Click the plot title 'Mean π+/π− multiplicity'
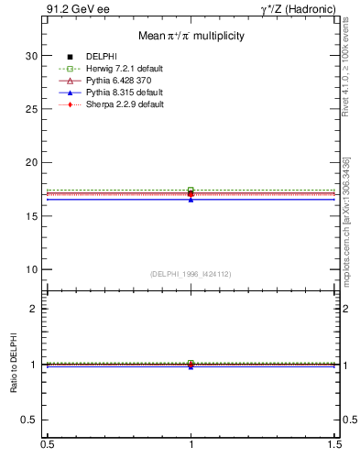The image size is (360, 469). [x=191, y=36]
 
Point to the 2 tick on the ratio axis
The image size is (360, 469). [x=34, y=309]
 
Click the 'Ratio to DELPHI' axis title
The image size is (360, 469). [x=14, y=364]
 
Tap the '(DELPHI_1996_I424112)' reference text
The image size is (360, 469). [x=191, y=274]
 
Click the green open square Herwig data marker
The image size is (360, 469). [x=191, y=190]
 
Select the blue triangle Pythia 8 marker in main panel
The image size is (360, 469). [x=191, y=199]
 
